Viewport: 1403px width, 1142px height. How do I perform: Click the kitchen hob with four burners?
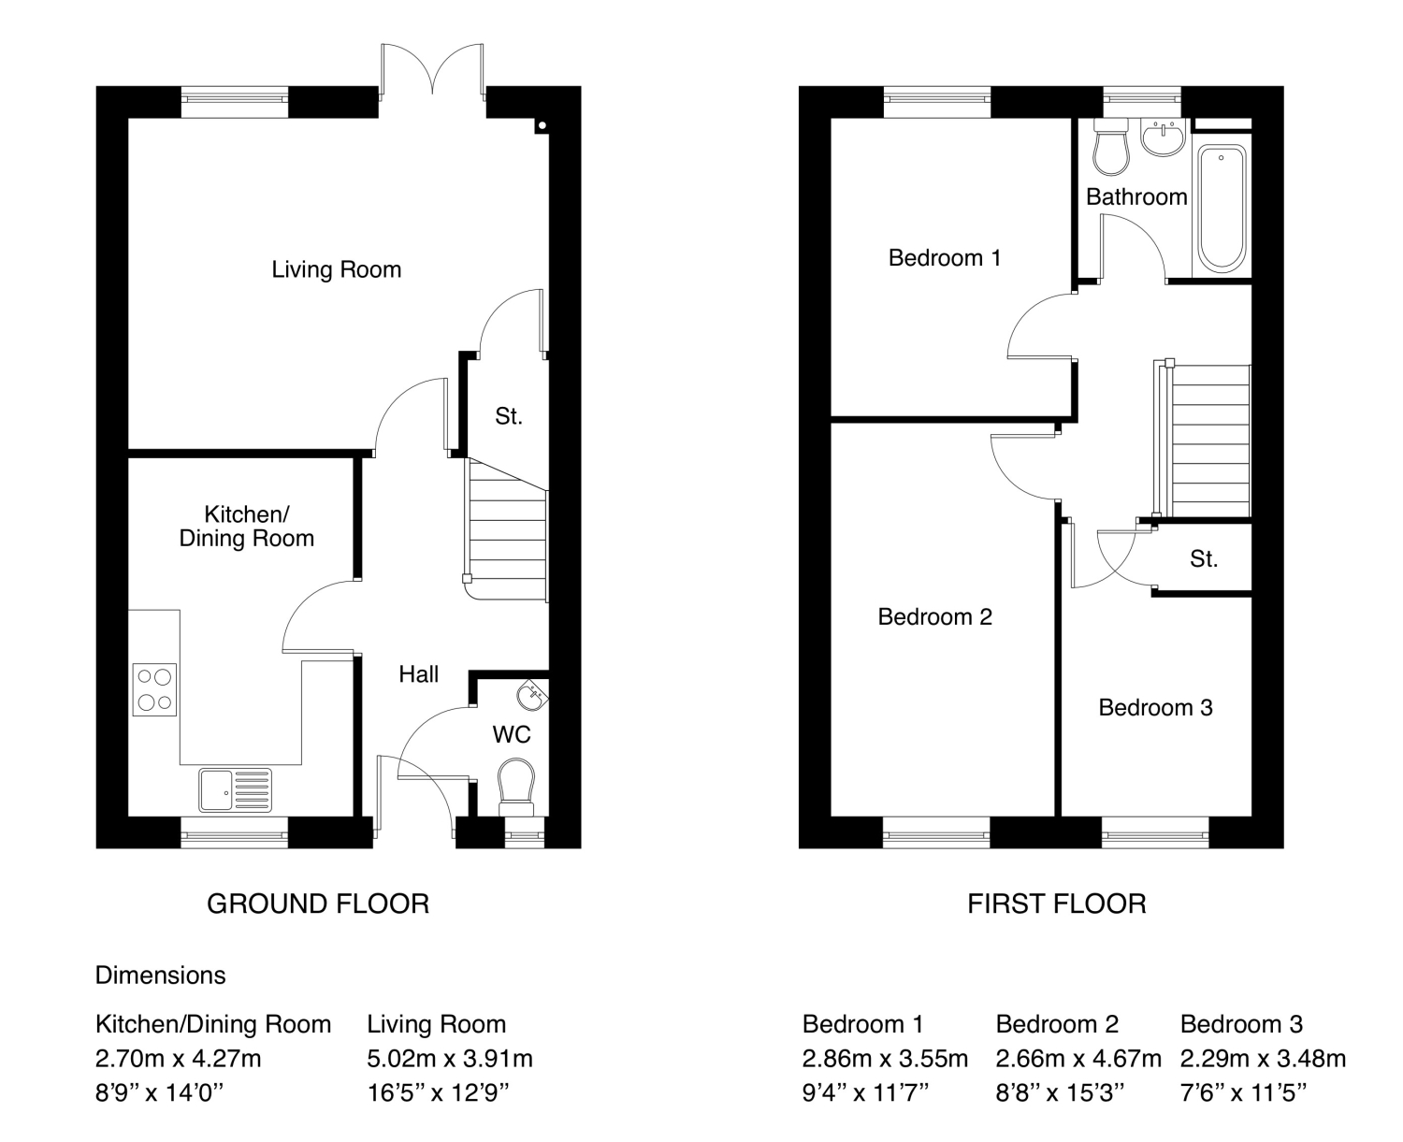(154, 689)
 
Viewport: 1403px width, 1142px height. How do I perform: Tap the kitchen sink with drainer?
(235, 789)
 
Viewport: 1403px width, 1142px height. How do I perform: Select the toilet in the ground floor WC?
(516, 787)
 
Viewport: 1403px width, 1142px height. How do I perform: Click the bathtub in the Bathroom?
(1222, 209)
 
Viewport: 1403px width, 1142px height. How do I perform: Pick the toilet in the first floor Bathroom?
(1111, 147)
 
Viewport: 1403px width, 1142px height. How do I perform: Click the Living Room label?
(337, 269)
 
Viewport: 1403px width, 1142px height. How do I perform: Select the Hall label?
(419, 673)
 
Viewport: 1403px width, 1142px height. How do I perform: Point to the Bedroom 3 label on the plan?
(1155, 707)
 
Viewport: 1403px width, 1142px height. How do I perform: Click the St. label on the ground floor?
(509, 415)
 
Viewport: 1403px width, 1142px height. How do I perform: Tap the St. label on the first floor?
(1204, 558)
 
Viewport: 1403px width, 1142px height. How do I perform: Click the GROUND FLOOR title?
(318, 903)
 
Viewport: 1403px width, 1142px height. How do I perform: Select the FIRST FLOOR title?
(1057, 903)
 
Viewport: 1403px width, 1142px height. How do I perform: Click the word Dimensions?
(160, 975)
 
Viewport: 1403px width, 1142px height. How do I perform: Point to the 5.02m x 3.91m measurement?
(450, 1059)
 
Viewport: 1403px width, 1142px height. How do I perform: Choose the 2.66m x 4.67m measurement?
(1078, 1059)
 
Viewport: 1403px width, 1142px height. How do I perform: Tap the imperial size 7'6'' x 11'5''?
(1243, 1092)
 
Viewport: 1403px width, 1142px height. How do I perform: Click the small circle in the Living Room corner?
(542, 125)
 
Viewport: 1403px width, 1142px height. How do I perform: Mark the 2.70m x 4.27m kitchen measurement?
(179, 1059)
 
